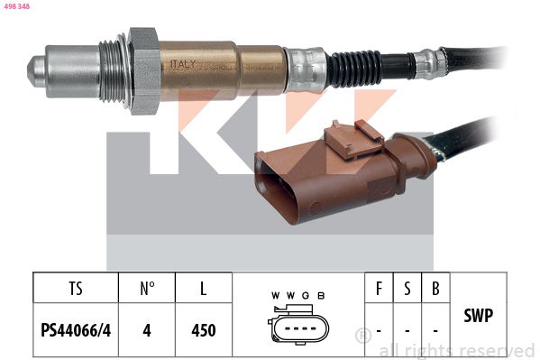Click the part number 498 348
[16, 6]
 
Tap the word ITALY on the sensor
[183, 64]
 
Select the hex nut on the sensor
[144, 70]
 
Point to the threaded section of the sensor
[113, 71]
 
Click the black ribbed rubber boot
[354, 69]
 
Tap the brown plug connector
[345, 172]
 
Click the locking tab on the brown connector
[353, 138]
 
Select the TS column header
[76, 289]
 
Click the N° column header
[147, 289]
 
